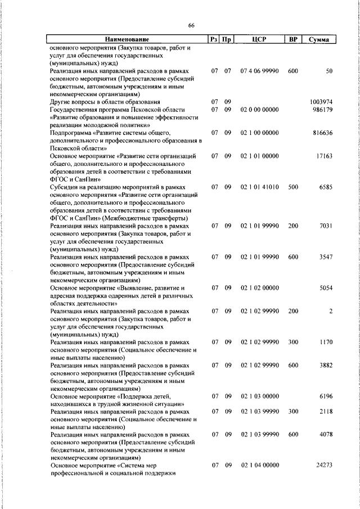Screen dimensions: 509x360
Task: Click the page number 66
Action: coord(191,26)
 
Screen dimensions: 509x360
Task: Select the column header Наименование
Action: coord(127,39)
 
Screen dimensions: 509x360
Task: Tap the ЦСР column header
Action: coord(259,39)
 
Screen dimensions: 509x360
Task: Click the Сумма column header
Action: coord(319,39)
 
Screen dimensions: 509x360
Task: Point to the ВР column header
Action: coord(292,39)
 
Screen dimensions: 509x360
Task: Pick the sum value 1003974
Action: coord(321,102)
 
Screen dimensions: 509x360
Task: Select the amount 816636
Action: coord(322,133)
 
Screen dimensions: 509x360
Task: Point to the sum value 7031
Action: coord(325,226)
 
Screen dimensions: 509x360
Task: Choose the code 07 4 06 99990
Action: coord(259,71)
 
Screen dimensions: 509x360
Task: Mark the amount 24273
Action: coord(323,465)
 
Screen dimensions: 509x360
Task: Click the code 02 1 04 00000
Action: coord(259,465)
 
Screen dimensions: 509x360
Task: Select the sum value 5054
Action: coord(325,287)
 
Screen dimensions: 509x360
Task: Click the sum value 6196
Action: coord(325,395)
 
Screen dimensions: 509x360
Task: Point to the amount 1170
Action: coord(325,341)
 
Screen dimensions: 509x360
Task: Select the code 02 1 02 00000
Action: coord(259,287)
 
